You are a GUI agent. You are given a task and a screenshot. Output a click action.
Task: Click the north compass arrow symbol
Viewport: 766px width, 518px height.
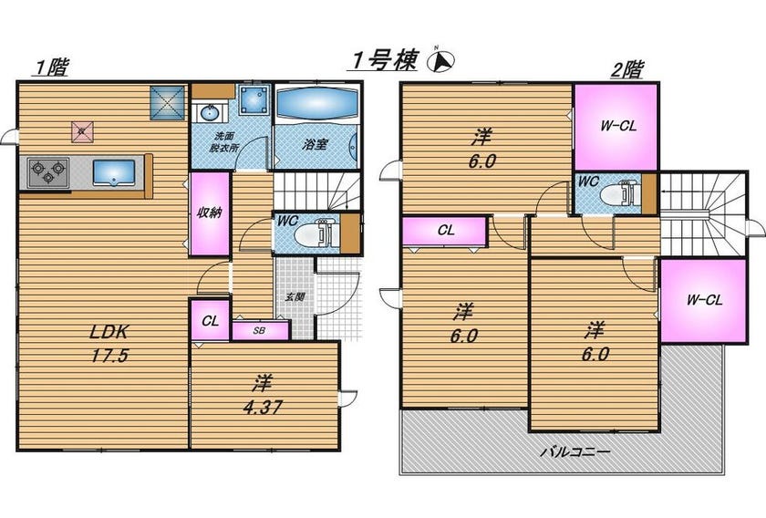[441, 60]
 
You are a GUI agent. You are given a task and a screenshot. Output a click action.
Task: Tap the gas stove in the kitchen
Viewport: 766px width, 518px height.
[47, 172]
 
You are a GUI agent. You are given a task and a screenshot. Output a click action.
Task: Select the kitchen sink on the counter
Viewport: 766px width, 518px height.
[113, 172]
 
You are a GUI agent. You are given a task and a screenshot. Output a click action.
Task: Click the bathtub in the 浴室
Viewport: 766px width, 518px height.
[317, 103]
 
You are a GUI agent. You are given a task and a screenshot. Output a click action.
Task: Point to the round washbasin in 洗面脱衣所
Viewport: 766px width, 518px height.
[210, 113]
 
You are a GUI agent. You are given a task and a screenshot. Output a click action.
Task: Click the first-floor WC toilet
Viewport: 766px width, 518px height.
[316, 234]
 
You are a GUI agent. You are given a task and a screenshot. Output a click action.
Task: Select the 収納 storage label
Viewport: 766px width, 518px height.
[209, 212]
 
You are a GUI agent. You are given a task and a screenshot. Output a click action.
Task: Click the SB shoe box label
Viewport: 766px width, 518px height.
[259, 331]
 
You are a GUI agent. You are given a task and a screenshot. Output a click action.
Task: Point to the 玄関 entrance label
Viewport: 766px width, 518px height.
[295, 296]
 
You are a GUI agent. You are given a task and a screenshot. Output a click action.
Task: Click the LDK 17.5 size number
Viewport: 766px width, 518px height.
[109, 356]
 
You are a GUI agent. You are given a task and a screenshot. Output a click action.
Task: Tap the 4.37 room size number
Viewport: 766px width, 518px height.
[263, 407]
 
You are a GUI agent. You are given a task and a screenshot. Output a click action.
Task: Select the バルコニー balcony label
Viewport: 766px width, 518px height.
[575, 451]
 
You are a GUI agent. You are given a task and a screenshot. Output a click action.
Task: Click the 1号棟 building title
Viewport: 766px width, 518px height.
[385, 60]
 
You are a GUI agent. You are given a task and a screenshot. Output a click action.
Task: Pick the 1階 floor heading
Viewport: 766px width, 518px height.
[51, 67]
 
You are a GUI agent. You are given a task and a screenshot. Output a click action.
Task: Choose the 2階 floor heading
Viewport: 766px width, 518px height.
[627, 69]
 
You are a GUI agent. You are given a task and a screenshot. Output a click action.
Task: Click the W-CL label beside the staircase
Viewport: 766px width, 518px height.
[704, 300]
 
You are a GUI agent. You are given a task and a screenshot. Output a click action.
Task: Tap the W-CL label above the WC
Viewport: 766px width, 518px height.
[618, 126]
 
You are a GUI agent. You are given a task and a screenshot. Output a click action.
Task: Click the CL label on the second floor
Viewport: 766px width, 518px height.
[446, 230]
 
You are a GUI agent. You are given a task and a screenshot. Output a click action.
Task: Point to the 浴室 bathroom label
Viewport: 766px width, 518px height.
[315, 144]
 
